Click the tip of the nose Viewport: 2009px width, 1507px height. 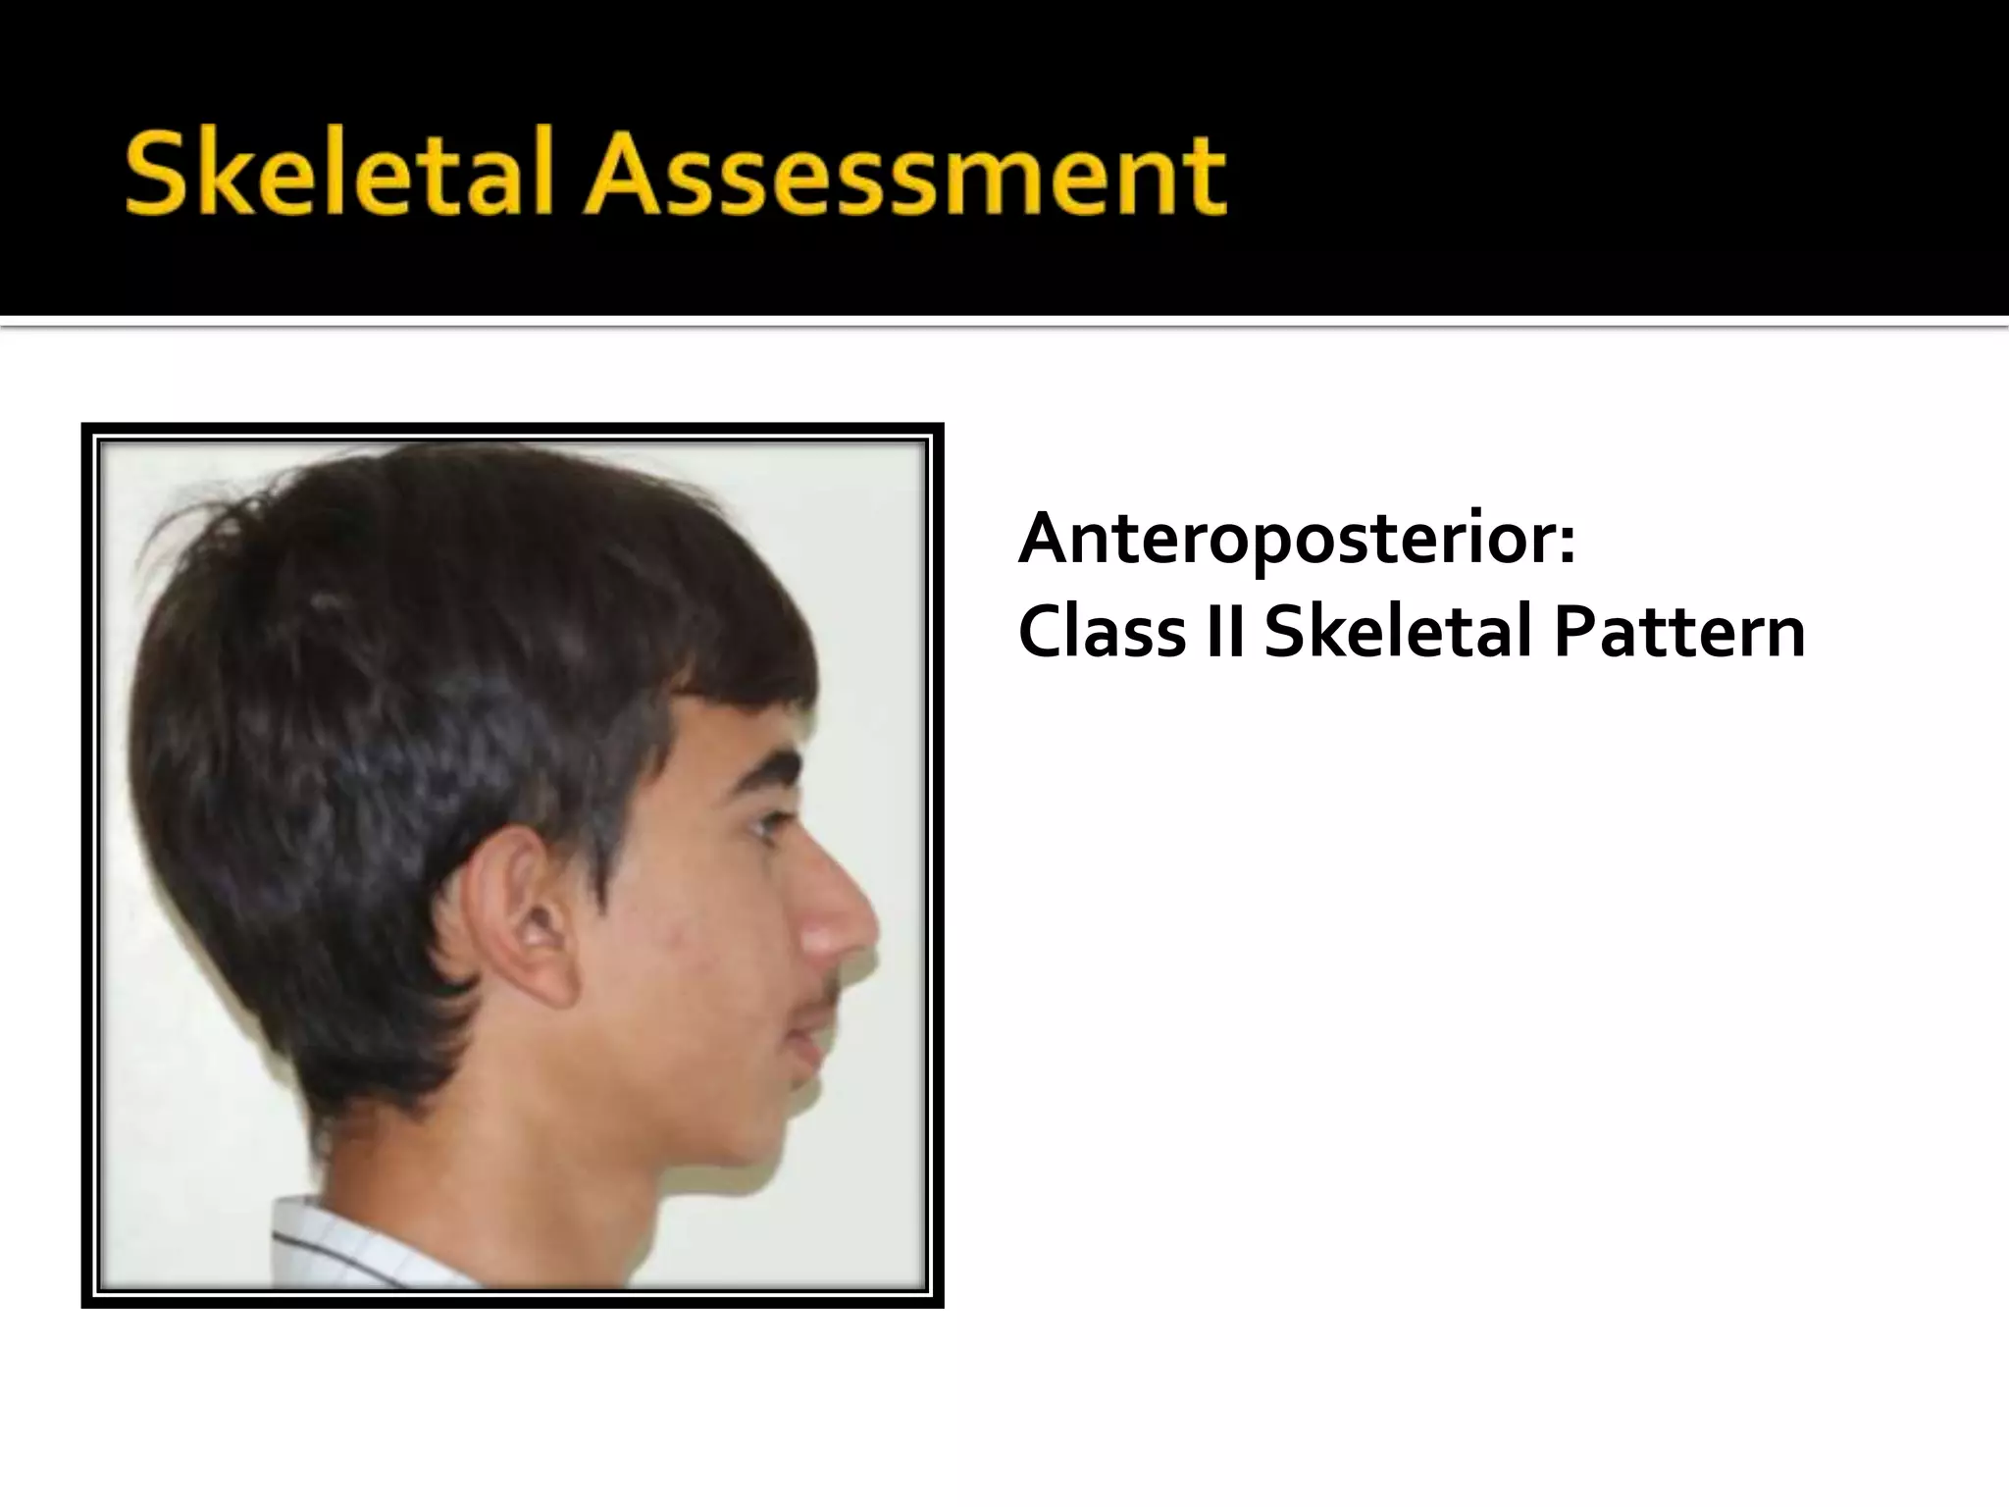tap(869, 922)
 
